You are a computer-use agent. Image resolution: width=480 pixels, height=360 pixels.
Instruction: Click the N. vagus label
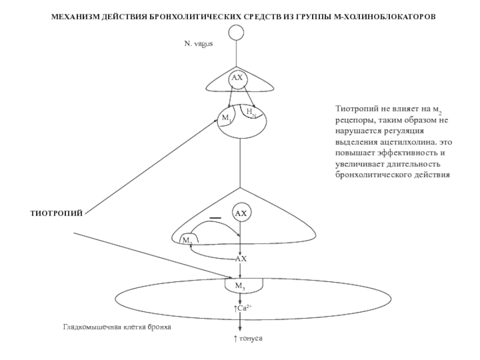199,44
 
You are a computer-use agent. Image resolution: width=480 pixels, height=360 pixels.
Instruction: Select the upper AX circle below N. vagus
238,79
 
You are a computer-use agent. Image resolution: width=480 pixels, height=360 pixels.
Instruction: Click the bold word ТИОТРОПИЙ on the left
56,213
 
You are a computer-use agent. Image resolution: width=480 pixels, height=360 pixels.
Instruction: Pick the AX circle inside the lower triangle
241,214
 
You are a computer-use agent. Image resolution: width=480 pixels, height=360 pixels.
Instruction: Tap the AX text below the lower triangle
241,259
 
